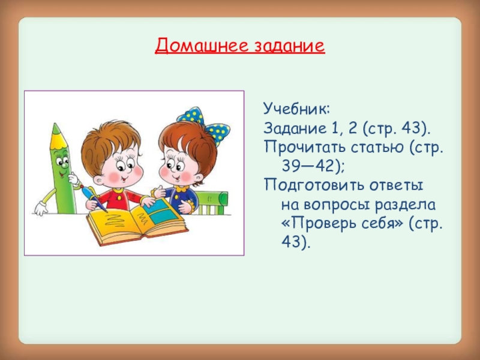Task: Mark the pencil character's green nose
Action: pyautogui.click(x=61, y=163)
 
